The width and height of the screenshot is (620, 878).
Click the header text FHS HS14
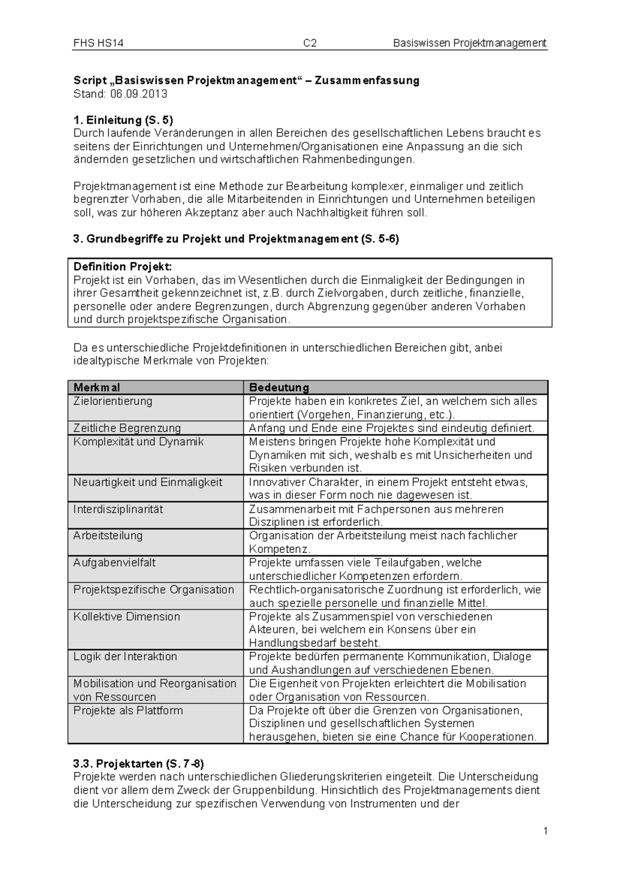coord(98,43)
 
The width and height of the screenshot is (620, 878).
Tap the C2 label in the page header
coord(309,43)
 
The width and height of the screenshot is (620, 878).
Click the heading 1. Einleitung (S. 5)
coord(123,120)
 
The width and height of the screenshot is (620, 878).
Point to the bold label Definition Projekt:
coord(122,267)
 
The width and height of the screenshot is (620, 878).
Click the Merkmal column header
coord(97,387)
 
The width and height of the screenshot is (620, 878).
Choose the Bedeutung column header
coord(279,387)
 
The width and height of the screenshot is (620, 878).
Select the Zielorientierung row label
coord(113,401)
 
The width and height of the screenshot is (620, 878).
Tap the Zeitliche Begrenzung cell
coord(127,428)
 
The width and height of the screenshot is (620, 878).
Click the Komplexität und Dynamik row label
coord(138,442)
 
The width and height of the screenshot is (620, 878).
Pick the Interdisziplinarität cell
coord(118,509)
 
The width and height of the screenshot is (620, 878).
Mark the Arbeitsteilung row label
coord(107,536)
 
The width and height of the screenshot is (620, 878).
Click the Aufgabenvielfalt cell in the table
coord(114,563)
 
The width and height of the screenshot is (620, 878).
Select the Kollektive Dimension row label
coord(127,616)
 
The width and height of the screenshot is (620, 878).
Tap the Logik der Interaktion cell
coord(125,657)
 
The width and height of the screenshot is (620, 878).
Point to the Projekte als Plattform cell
coord(128,710)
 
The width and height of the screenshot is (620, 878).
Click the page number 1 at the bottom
coord(545,831)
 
